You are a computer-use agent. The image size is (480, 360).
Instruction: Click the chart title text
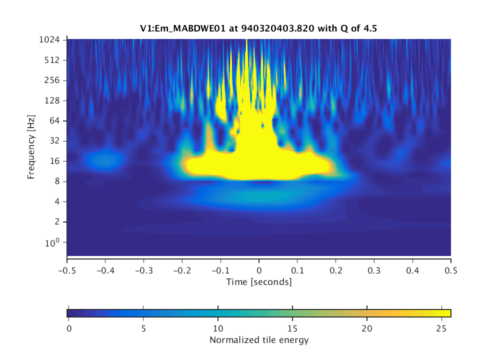coord(258,28)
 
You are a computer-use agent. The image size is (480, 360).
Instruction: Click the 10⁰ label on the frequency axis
coord(54,242)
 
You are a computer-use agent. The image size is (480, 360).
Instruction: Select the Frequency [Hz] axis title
coord(31,147)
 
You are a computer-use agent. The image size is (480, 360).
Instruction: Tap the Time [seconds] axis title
coord(258,282)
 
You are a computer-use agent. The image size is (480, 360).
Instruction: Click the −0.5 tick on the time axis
coord(67,270)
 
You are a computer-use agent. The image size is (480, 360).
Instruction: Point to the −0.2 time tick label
coord(182,270)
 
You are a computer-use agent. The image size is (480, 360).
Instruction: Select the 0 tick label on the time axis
coord(259,270)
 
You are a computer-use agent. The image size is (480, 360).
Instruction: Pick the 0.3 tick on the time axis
coord(374,270)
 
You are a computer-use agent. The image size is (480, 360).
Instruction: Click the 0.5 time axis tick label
coord(451,270)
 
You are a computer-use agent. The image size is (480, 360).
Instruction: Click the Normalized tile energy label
coord(258,340)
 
